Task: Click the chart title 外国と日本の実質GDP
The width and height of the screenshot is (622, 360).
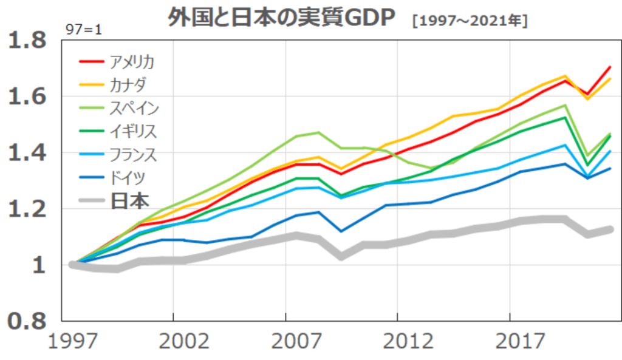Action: point(281,18)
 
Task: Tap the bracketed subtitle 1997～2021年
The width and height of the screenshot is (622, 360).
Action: point(470,21)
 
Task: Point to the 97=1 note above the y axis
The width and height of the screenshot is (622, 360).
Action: point(84,30)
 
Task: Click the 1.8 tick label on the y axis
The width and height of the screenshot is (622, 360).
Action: point(27,41)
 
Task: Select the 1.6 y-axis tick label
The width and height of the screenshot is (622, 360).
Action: point(27,97)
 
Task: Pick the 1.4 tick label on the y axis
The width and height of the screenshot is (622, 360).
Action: point(27,152)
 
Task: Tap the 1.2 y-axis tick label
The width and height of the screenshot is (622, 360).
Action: point(27,209)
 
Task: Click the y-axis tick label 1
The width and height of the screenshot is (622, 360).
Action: point(39,265)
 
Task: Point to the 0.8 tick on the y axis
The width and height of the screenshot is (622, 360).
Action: point(27,321)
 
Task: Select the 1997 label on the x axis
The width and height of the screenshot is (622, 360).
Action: point(73,341)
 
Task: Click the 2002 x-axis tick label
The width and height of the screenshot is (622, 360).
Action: point(184,341)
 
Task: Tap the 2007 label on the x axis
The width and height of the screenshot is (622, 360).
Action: point(296,341)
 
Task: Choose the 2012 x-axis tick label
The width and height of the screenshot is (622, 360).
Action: point(408,341)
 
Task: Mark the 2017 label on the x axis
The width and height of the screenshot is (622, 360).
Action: point(521,341)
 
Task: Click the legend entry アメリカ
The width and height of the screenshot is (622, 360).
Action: point(132,62)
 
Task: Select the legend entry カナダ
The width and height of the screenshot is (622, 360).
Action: point(128,85)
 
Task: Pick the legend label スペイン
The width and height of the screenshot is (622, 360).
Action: point(134,108)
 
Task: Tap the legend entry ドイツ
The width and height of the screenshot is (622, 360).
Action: point(128,177)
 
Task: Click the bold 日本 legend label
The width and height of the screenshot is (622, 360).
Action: point(130,200)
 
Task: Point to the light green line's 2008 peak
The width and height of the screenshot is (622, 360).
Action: point(319,132)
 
